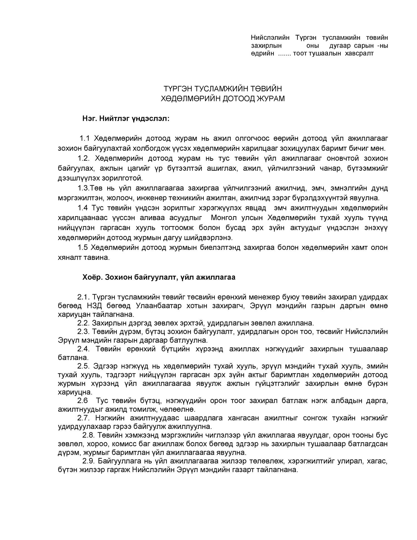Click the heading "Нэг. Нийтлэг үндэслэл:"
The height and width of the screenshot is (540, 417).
coord(126,119)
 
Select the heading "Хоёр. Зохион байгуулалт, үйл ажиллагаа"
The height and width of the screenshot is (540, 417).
coord(159,277)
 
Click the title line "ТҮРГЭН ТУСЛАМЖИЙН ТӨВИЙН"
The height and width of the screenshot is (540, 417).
coord(223,89)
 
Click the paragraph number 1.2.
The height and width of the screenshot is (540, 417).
coord(83,158)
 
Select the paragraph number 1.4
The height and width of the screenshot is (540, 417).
coord(83,208)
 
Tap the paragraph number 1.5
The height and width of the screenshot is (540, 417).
coord(83,247)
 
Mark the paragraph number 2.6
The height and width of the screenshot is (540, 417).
coord(82,401)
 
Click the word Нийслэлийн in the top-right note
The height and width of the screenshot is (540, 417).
coord(270,38)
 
